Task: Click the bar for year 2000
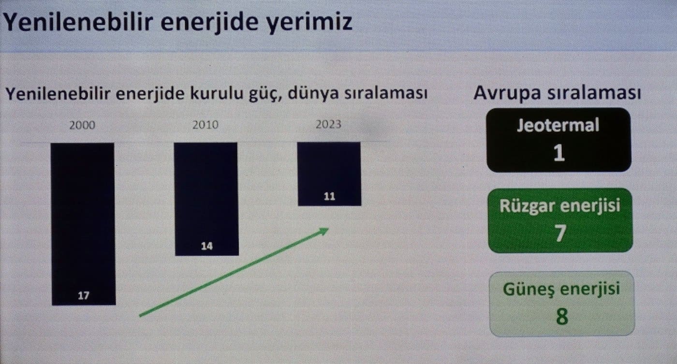pos(83,224)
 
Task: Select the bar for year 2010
pos(206,199)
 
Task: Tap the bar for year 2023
pos(329,174)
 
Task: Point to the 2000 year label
pos(82,125)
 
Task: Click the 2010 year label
pos(206,125)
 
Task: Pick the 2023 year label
pos(328,124)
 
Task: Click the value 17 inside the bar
pos(83,295)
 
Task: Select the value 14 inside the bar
pos(207,246)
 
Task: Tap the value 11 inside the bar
pos(329,197)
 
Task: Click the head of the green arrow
pos(325,231)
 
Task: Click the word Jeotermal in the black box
pos(558,125)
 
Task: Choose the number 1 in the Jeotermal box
pos(559,153)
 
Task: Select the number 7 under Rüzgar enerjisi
pos(560,233)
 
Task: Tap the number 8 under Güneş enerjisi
pos(562,317)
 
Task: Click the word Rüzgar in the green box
pos(527,206)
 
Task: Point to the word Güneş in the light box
pos(528,290)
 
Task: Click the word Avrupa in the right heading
pos(507,93)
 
